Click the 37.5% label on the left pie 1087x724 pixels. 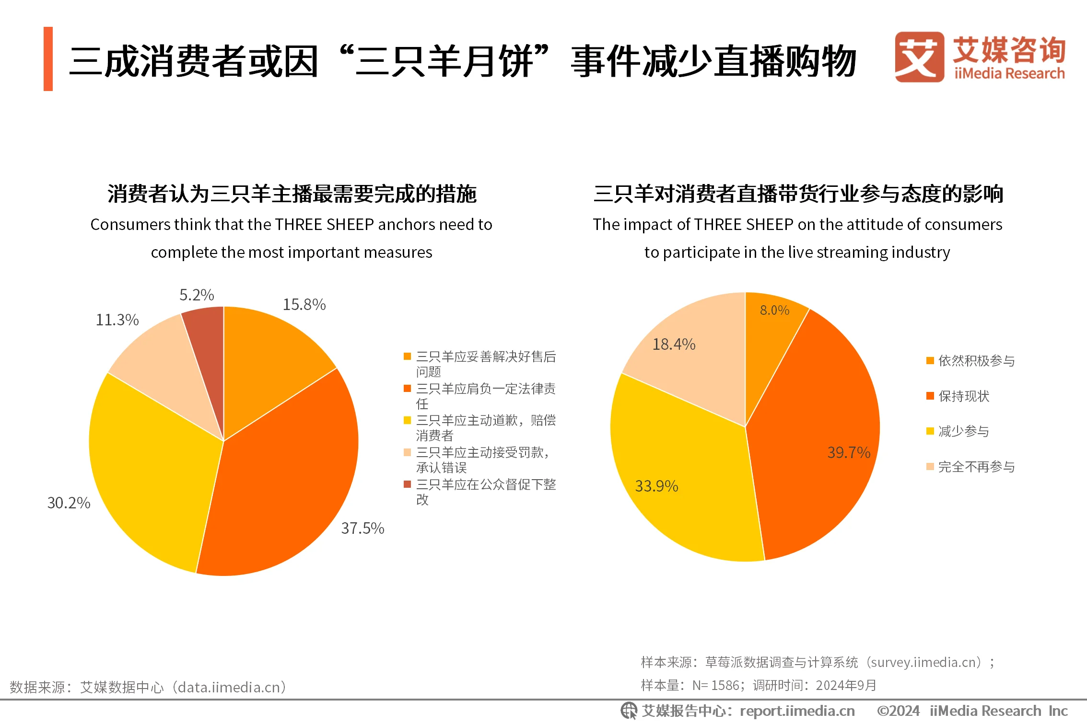[x=362, y=528]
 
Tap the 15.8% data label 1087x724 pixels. [x=304, y=304]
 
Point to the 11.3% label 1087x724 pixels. [x=117, y=320]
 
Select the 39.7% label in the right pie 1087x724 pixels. [x=849, y=452]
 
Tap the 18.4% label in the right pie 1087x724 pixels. [x=674, y=344]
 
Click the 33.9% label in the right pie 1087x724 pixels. [x=656, y=486]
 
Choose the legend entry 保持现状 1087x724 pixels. [x=963, y=396]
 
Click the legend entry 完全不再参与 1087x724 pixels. [x=976, y=466]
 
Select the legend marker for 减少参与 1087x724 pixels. [x=930, y=431]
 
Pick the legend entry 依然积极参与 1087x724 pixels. [x=976, y=360]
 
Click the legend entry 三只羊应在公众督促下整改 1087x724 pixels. [x=485, y=491]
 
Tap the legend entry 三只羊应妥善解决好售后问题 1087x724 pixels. [x=485, y=363]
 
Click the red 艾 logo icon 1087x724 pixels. [x=918, y=57]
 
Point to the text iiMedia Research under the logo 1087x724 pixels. [x=1009, y=74]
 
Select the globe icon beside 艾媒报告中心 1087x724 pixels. [x=629, y=711]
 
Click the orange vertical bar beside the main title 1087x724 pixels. [x=48, y=59]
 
